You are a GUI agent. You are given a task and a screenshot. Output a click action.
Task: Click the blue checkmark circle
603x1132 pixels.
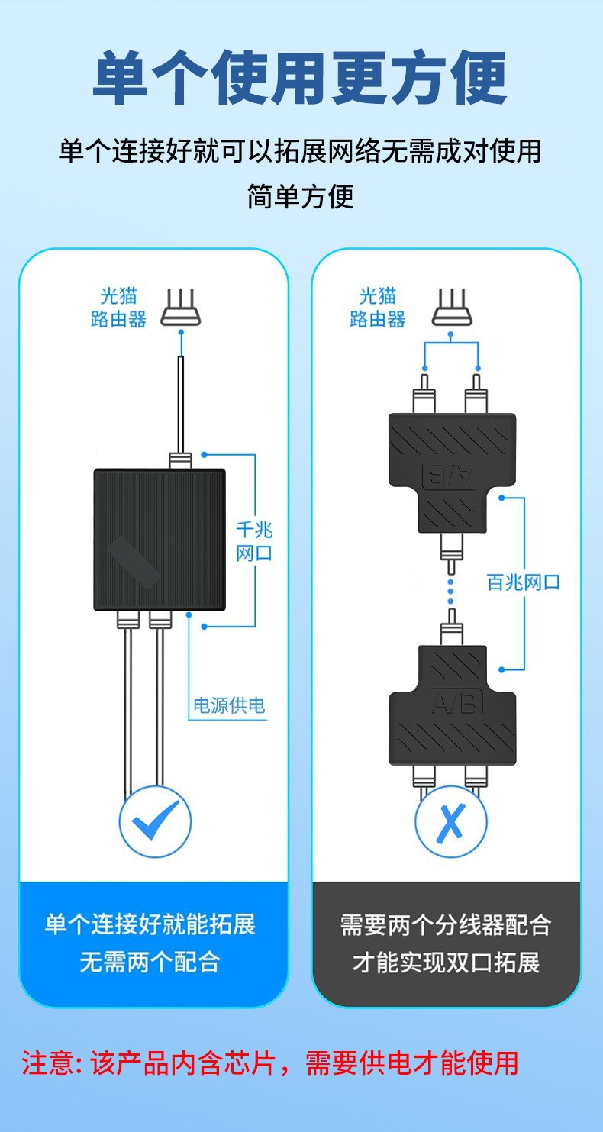(x=155, y=822)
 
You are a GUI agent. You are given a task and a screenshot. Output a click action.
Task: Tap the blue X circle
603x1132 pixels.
(x=450, y=822)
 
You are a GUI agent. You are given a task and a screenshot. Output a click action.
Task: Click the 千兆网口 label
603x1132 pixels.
(x=254, y=541)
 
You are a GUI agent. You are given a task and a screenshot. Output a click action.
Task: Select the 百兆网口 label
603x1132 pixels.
(x=524, y=582)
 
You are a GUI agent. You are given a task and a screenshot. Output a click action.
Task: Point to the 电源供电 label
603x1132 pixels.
(x=229, y=705)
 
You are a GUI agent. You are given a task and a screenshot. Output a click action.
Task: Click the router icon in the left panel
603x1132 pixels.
(x=182, y=310)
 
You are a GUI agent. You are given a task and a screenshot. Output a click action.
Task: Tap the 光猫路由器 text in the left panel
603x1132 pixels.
(x=118, y=308)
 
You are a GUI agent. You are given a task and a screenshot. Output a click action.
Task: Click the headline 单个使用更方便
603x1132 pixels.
(x=301, y=79)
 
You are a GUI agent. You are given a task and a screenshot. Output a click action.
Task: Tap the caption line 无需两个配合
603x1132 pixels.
(x=150, y=962)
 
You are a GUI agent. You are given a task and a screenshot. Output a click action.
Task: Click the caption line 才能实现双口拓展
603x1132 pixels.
(x=446, y=962)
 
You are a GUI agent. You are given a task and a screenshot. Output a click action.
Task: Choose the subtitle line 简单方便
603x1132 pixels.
(x=301, y=196)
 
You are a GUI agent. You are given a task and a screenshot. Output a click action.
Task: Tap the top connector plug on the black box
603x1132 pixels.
(x=180, y=460)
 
